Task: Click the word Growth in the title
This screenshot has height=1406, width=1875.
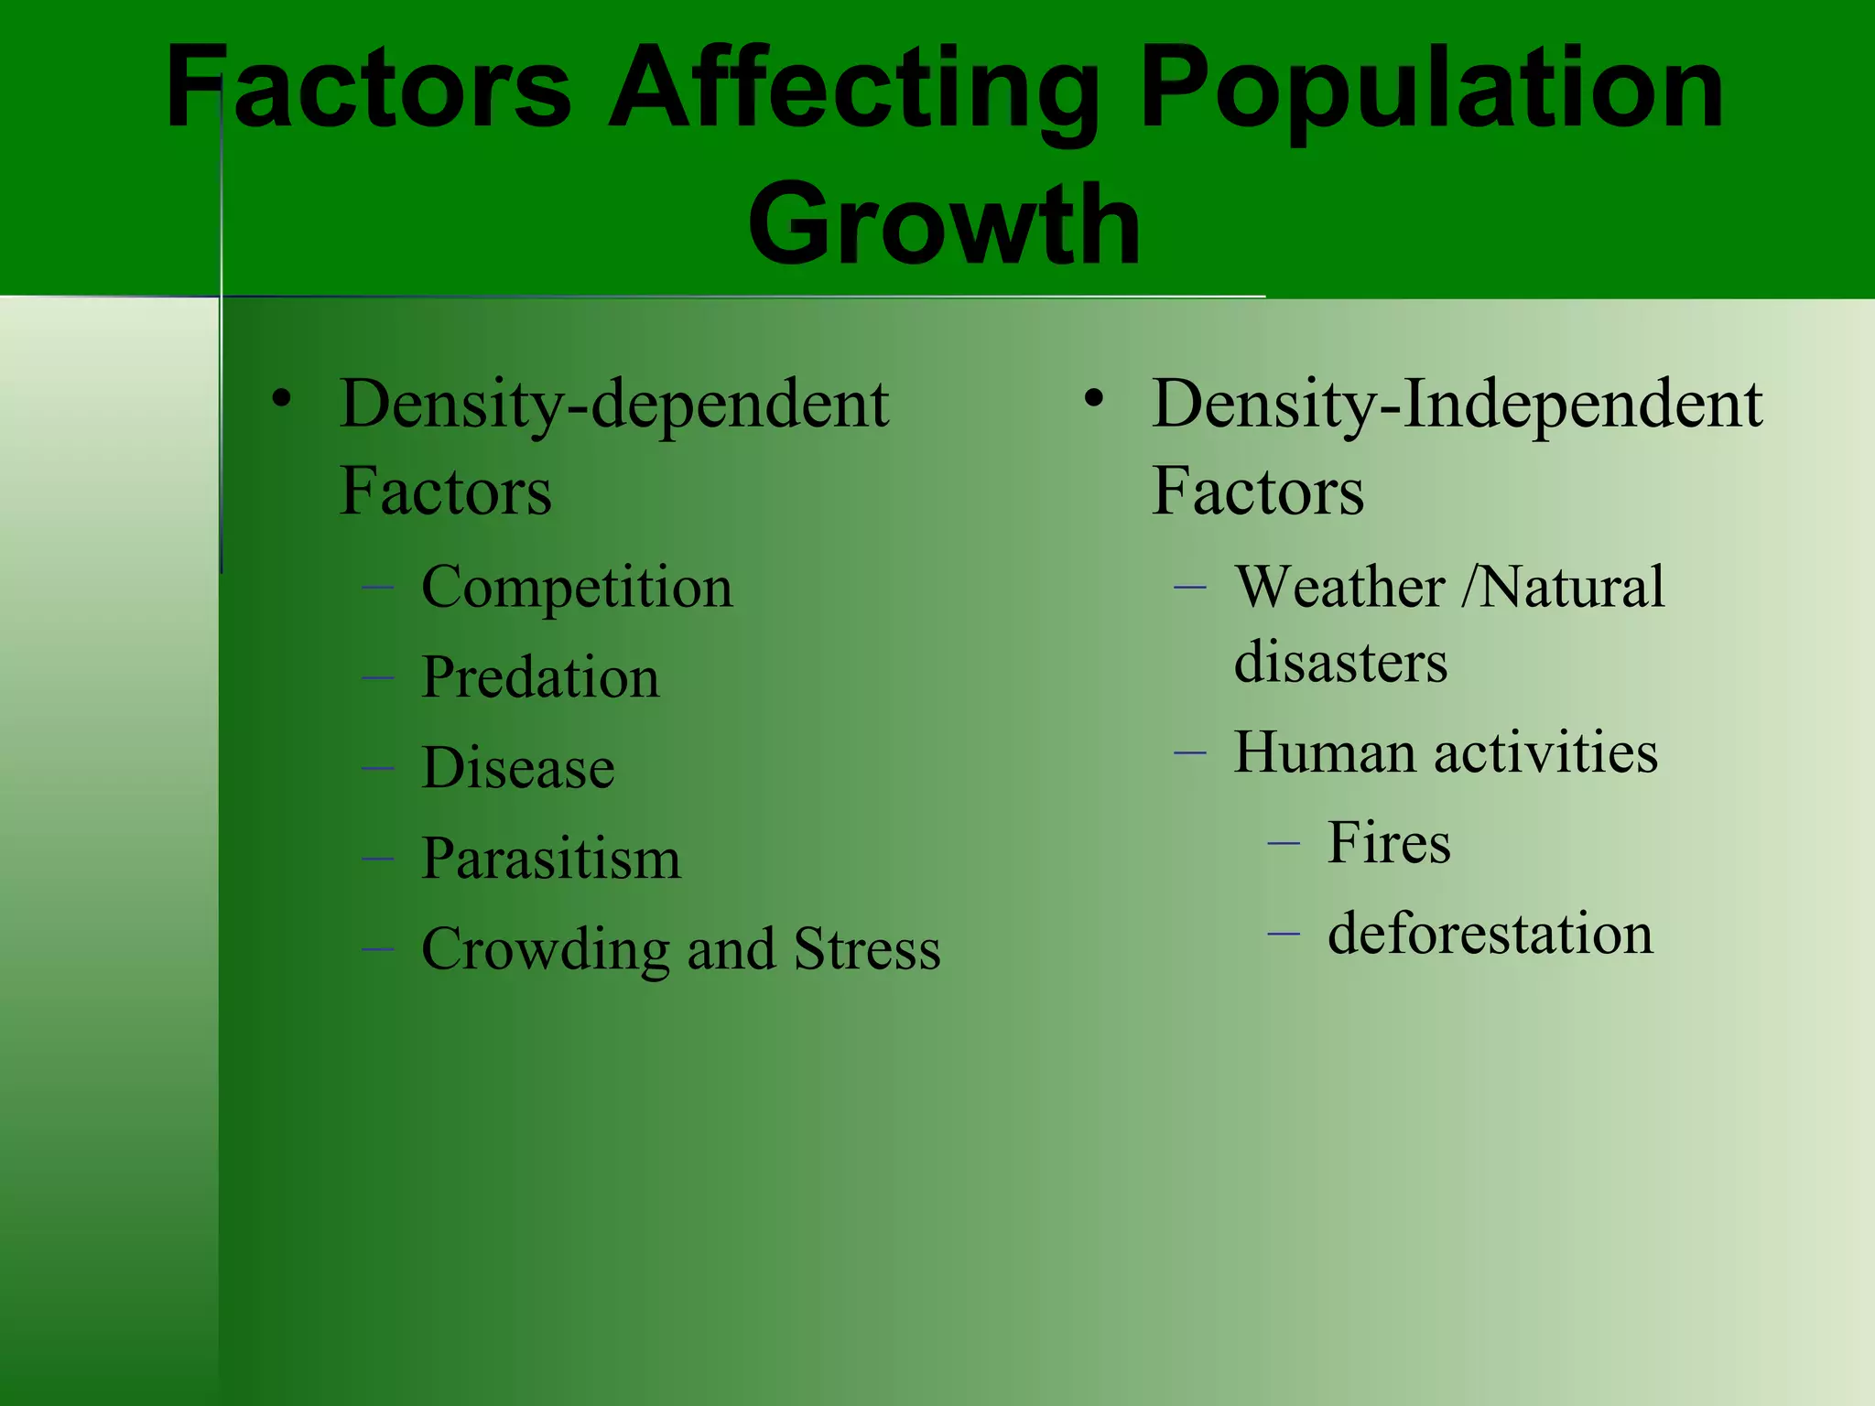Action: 944,223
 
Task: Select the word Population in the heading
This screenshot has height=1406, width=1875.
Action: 1433,90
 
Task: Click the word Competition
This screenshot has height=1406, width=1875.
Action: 577,587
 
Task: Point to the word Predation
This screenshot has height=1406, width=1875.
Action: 540,677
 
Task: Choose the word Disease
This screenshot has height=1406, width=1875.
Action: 518,767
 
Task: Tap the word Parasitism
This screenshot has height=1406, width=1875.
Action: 551,859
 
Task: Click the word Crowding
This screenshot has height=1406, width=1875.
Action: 546,949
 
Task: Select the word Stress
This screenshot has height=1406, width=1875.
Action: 867,949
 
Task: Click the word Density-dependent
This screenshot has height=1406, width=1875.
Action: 614,405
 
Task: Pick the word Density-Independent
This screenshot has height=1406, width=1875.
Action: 1457,405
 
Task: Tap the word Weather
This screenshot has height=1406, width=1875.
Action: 1340,587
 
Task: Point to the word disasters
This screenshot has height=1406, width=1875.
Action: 1340,661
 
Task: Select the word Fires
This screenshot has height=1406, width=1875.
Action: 1389,842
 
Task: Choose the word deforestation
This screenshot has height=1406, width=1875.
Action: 1490,934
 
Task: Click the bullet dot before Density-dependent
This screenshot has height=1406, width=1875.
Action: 281,399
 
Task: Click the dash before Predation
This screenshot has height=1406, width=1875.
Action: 377,678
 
